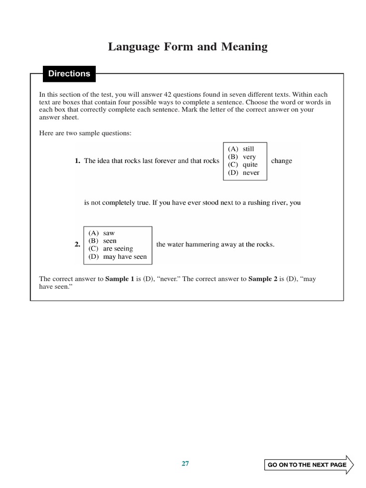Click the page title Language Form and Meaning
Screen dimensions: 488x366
tap(188, 47)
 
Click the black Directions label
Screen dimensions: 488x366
tap(69, 74)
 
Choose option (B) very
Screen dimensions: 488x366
tap(242, 157)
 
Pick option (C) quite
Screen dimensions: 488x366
tap(243, 164)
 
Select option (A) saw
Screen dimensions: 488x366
tap(102, 233)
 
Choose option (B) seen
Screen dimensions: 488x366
tap(102, 241)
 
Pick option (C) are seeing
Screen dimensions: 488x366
tap(111, 249)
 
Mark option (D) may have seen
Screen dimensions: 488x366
tap(118, 257)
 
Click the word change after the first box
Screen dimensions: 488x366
tap(282, 161)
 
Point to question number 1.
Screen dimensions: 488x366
tap(77, 161)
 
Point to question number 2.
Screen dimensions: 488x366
tap(77, 244)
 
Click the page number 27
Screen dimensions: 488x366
tap(185, 464)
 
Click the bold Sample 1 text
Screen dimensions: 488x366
tap(120, 279)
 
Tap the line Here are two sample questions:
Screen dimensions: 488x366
tap(85, 133)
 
